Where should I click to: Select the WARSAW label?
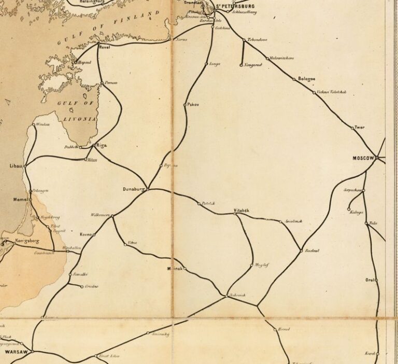click(16, 351)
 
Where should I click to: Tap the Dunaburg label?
click(134, 189)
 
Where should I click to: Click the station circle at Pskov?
click(184, 105)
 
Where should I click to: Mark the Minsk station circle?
click(183, 268)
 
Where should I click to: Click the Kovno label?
click(86, 235)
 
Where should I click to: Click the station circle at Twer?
click(352, 127)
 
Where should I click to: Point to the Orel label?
click(370, 280)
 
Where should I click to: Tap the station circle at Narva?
click(171, 39)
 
